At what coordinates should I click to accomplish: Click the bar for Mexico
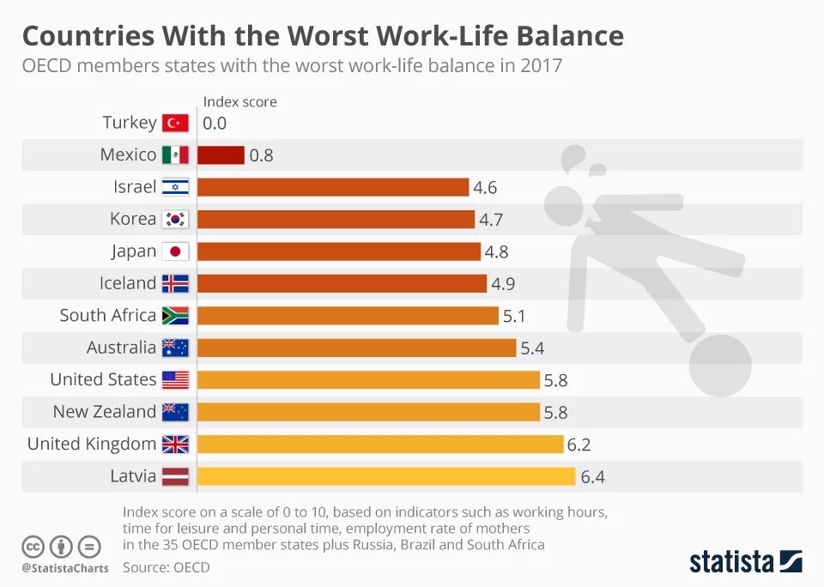(221, 155)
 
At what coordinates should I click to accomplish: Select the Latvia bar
(386, 476)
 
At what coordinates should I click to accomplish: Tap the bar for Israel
(333, 187)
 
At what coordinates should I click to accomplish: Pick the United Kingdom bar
(380, 445)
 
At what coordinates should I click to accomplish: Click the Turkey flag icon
(175, 123)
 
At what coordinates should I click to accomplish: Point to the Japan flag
(175, 251)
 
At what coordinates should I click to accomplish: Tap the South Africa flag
(175, 316)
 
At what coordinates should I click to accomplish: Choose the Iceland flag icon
(175, 283)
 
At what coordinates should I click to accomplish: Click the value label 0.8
(261, 156)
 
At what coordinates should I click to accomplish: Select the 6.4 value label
(593, 477)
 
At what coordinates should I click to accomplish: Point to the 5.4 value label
(532, 348)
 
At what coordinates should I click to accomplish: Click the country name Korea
(133, 219)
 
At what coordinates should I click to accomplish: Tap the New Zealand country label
(105, 412)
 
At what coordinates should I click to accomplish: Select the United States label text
(103, 379)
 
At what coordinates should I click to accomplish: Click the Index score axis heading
(239, 102)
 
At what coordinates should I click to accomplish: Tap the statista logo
(746, 562)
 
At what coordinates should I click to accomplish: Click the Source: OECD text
(166, 567)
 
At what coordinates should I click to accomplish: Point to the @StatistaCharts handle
(65, 568)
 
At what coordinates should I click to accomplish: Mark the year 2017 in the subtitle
(541, 65)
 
